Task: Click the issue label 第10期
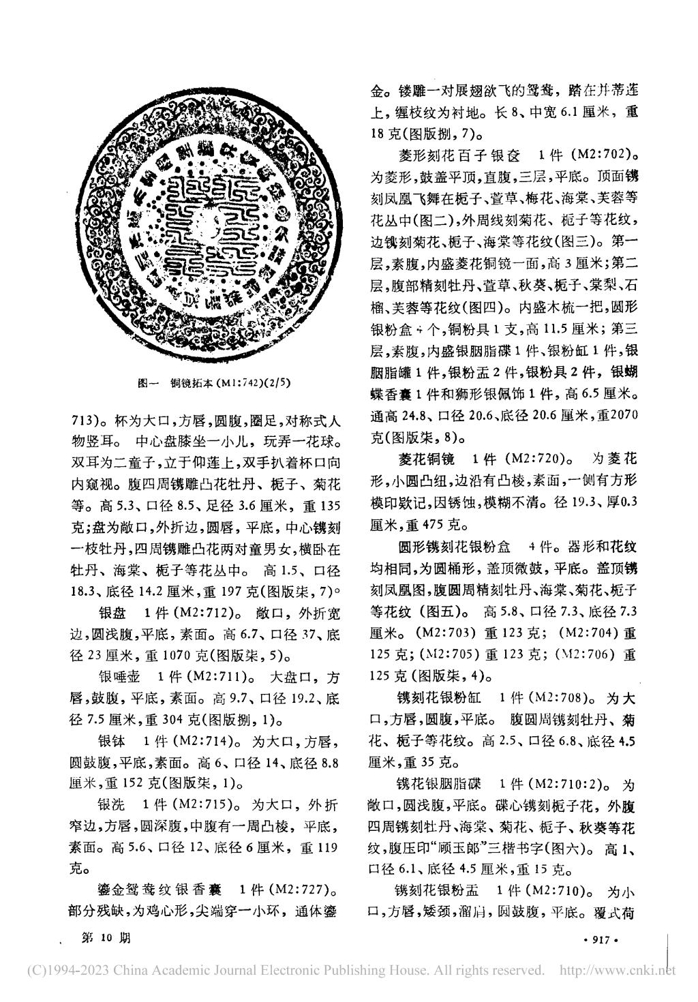point(105,938)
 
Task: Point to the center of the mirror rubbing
point(213,226)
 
